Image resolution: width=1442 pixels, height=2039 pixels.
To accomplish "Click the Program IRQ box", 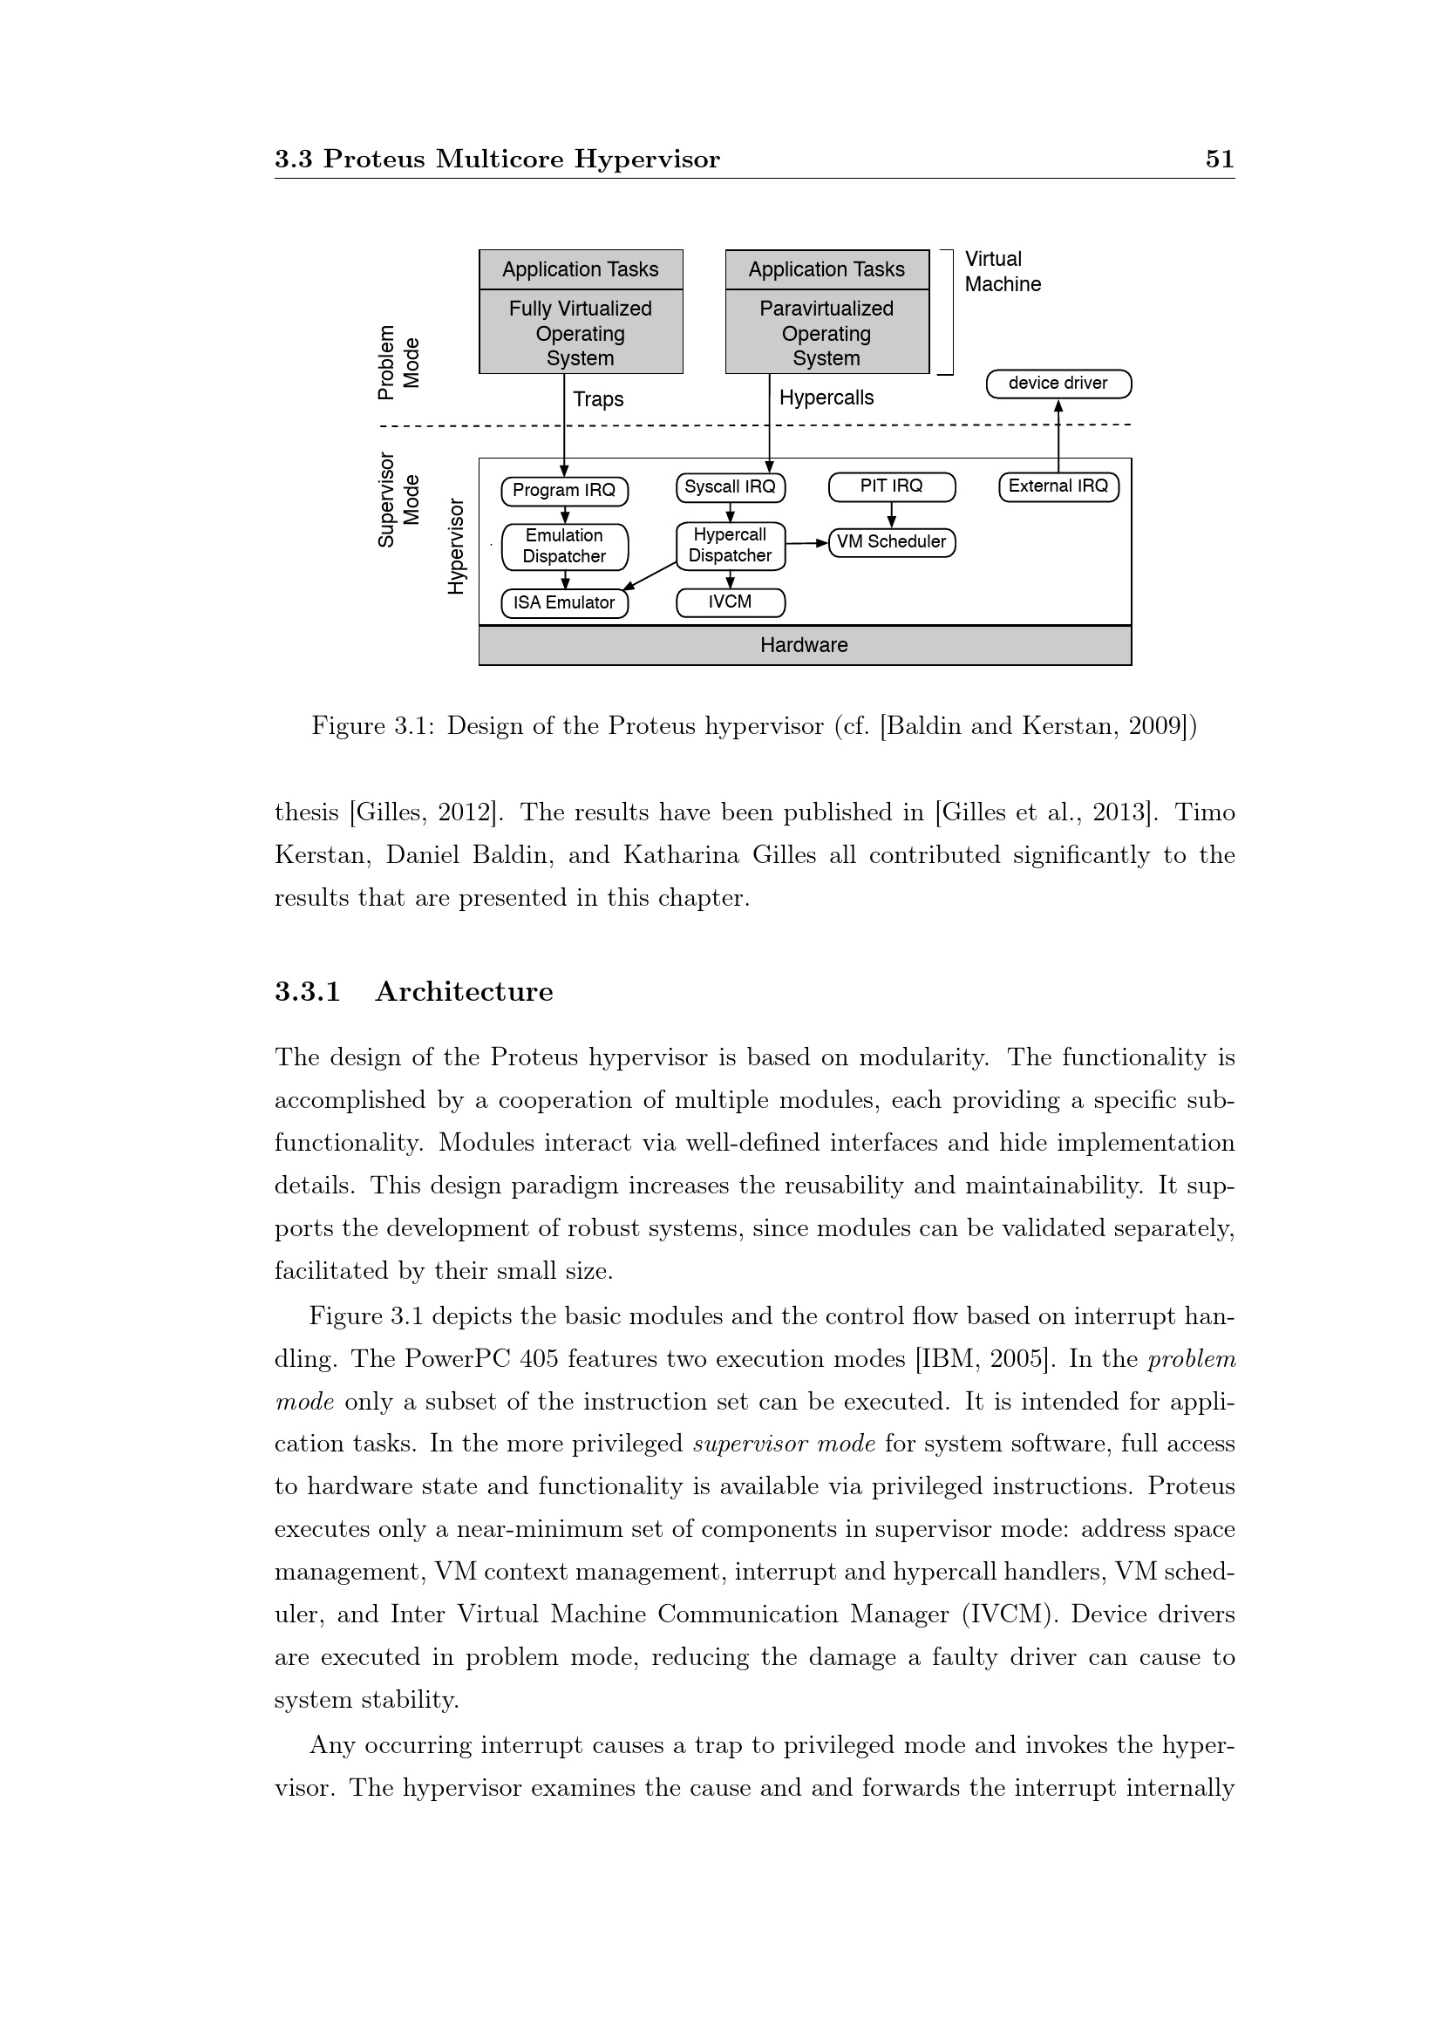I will (x=564, y=490).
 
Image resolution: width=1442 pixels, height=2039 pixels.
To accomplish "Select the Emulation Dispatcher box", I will (x=564, y=547).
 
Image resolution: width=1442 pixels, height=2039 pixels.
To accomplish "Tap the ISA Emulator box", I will (x=564, y=603).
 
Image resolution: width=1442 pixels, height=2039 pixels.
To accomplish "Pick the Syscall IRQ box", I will (x=730, y=486).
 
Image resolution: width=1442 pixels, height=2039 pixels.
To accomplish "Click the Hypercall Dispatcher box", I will (x=730, y=545).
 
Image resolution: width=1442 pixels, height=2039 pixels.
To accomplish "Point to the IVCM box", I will (x=730, y=602).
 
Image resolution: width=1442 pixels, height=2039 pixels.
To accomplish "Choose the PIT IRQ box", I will (x=892, y=486).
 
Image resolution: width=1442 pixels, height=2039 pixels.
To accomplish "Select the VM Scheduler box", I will (x=892, y=541).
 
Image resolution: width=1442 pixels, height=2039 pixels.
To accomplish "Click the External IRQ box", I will (x=1058, y=486).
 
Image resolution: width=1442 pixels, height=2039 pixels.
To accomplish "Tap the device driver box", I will (x=1058, y=384).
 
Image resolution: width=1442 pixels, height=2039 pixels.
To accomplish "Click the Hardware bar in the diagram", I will (x=805, y=646).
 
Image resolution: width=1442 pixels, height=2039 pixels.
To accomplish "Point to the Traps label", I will (x=598, y=399).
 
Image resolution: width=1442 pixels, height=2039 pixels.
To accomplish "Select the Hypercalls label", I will (x=826, y=398).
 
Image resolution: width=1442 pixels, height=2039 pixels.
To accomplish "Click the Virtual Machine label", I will (x=1003, y=272).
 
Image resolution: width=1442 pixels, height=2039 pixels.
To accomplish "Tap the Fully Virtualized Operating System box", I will (x=581, y=333).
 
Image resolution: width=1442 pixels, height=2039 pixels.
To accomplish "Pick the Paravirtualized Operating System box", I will (x=826, y=333).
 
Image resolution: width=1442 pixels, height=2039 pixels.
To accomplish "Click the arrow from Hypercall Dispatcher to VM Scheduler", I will (x=806, y=542).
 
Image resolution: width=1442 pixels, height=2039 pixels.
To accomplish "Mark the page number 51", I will (x=1219, y=159).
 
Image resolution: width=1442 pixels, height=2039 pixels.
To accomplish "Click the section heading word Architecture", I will (x=464, y=992).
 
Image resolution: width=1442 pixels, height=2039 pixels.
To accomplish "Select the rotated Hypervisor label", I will (x=455, y=547).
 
